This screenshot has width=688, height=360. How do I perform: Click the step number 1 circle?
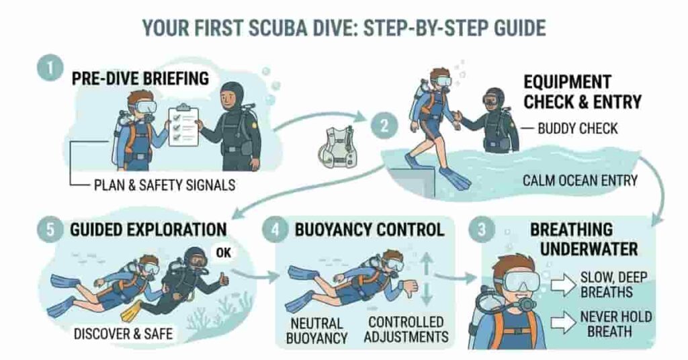point(49,69)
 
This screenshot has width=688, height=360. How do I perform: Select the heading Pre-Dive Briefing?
point(140,79)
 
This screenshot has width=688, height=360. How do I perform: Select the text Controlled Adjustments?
point(405,329)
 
